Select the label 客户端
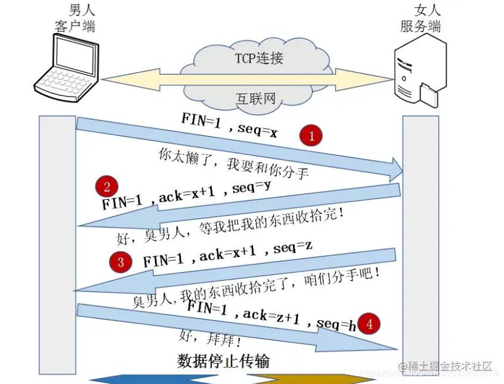(75, 26)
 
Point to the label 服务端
(420, 26)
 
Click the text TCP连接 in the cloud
(259, 58)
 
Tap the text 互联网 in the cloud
(257, 98)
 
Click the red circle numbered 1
(310, 136)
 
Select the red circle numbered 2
(107, 187)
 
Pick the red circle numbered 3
(121, 262)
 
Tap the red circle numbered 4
(370, 324)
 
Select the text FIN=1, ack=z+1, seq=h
(271, 316)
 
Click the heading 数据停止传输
(224, 361)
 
